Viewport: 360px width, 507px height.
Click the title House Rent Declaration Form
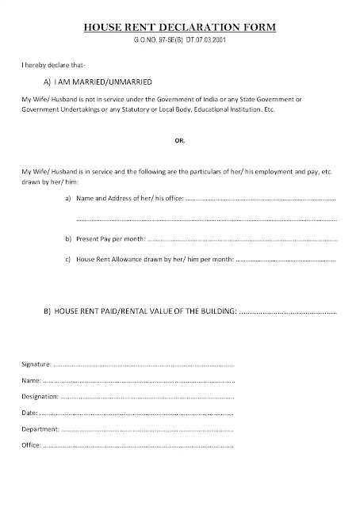point(180,28)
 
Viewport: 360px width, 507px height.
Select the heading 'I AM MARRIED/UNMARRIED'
point(99,81)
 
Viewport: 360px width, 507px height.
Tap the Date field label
point(29,413)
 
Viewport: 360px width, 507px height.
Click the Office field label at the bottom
point(31,446)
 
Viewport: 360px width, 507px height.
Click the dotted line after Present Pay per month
point(242,239)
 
